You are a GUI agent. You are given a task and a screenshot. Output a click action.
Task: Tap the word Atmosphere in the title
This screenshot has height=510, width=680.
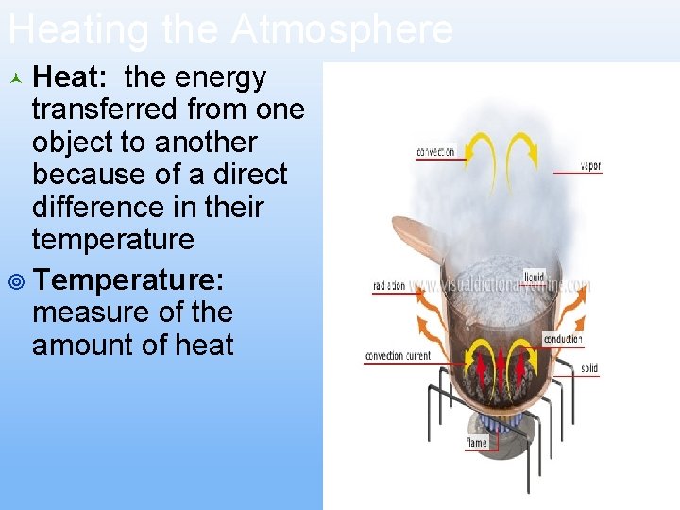click(344, 30)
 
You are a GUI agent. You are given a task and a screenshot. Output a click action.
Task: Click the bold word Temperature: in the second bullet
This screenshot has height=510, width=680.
click(128, 280)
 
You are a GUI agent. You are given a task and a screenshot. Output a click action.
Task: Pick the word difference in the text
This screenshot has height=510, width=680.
click(100, 207)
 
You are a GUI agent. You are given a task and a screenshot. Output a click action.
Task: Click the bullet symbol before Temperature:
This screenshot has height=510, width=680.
click(15, 280)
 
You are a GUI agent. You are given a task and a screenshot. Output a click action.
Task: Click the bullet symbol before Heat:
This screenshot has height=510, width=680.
click(15, 77)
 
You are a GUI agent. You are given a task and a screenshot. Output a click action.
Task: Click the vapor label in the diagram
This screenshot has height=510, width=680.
click(591, 166)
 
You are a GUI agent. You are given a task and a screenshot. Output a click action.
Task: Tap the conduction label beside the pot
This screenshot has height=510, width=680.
click(563, 339)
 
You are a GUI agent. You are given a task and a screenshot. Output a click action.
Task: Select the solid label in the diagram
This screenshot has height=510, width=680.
click(589, 368)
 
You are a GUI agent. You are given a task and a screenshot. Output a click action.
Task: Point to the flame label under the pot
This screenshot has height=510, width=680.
click(477, 442)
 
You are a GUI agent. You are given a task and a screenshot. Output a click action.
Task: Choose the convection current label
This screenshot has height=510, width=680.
click(398, 356)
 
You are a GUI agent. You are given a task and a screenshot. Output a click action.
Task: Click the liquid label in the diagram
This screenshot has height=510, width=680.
click(535, 277)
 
